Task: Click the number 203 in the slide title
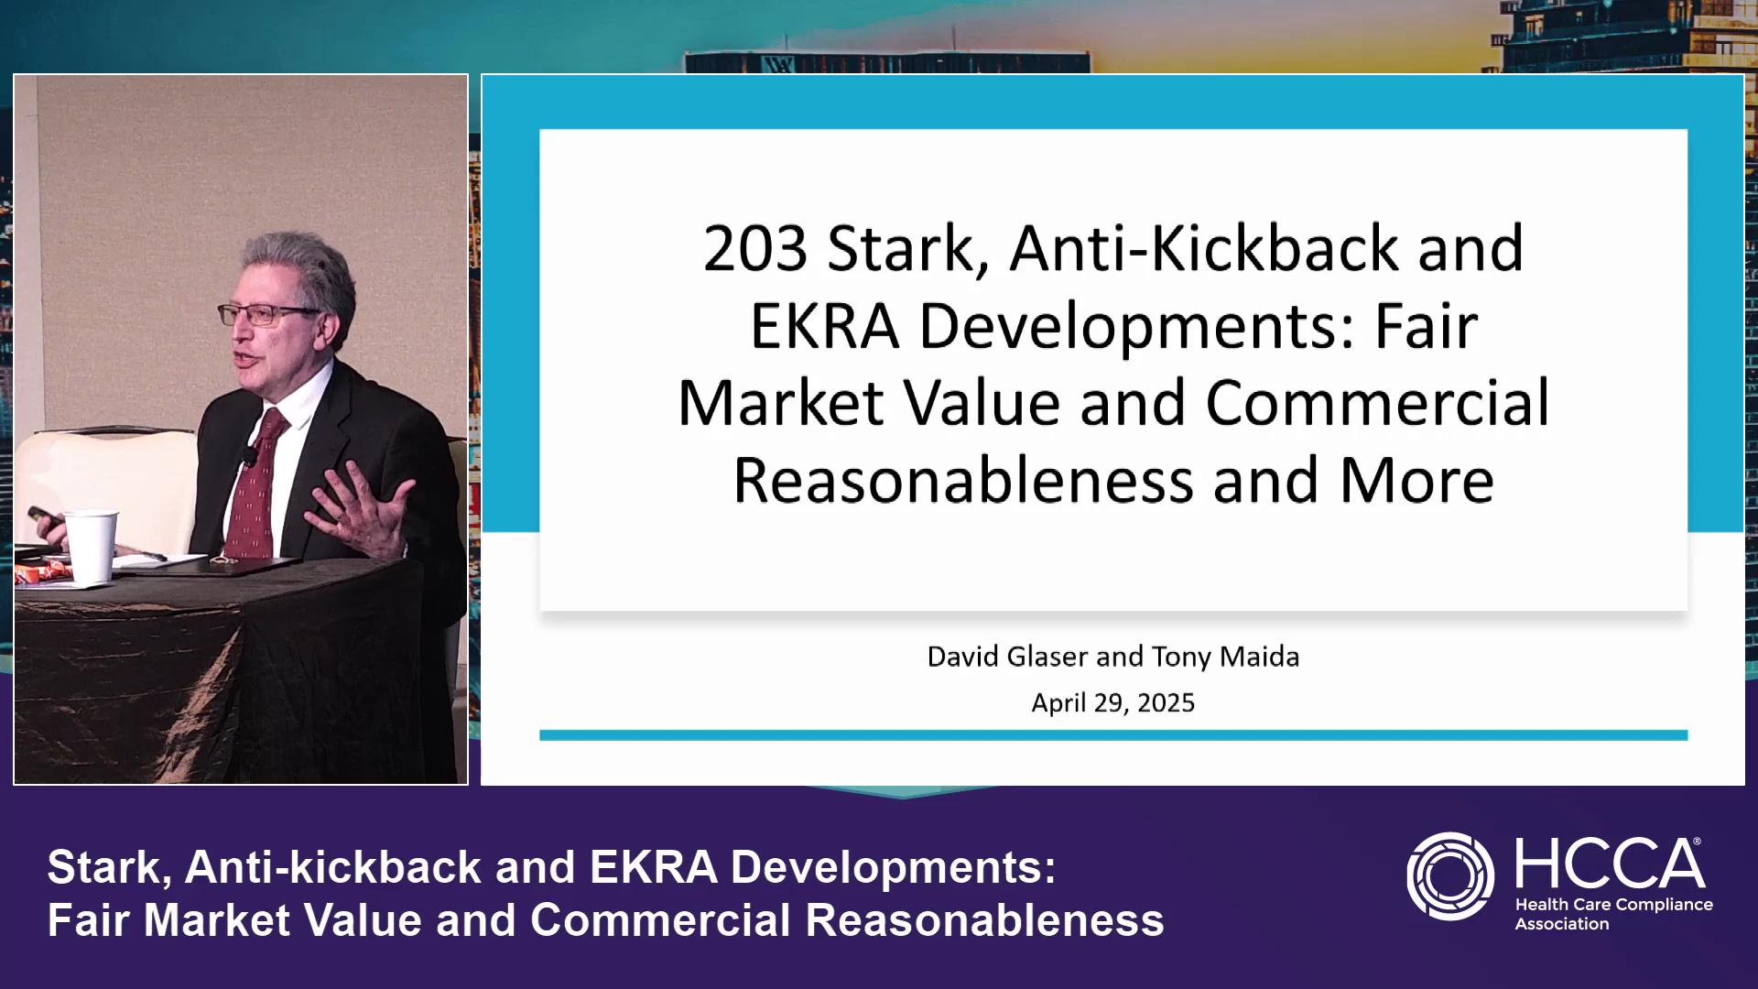pyautogui.click(x=755, y=248)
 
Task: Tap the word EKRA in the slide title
pyautogui.click(x=824, y=326)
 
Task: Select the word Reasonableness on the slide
pyautogui.click(x=963, y=481)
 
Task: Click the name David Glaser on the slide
pyautogui.click(x=1007, y=657)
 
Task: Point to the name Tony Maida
pyautogui.click(x=1225, y=657)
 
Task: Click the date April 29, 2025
pyautogui.click(x=1112, y=702)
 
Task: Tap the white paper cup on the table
pyautogui.click(x=92, y=547)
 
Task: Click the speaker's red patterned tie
pyautogui.click(x=255, y=485)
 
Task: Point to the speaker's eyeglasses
pyautogui.click(x=266, y=314)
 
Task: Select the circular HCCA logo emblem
pyautogui.click(x=1450, y=875)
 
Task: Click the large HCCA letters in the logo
pyautogui.click(x=1610, y=864)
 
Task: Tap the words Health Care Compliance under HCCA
pyautogui.click(x=1613, y=904)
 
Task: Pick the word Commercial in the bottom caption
pyautogui.click(x=660, y=920)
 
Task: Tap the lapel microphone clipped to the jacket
pyautogui.click(x=247, y=457)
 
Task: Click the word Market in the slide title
pyautogui.click(x=781, y=403)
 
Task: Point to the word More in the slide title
pyautogui.click(x=1416, y=481)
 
